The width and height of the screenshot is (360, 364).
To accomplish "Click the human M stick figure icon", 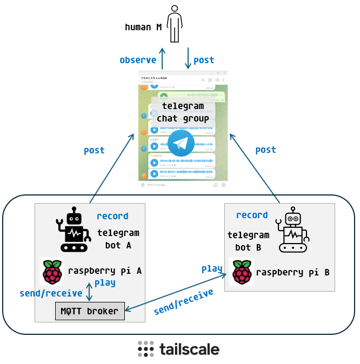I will [x=174, y=24].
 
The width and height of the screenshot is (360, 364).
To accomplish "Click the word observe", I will [x=138, y=60].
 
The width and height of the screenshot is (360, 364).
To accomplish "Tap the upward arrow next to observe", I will [x=162, y=58].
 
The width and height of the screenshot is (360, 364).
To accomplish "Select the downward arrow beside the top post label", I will [x=188, y=58].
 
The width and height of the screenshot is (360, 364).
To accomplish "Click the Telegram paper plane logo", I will [x=181, y=143].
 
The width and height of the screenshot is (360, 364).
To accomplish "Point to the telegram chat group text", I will [x=183, y=112].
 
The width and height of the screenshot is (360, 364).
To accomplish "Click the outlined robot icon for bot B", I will [x=292, y=230].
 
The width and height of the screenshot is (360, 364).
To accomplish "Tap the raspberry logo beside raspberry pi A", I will [x=52, y=272].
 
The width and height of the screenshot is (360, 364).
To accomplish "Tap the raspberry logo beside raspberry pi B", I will [x=241, y=272].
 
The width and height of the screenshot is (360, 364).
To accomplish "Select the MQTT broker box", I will [x=90, y=311].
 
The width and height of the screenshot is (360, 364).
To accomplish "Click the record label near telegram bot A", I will [x=112, y=216].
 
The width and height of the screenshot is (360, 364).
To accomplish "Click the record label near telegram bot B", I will [x=252, y=215].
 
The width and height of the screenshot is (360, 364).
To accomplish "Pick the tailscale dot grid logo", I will [x=145, y=349].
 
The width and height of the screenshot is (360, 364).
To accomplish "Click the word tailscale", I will [x=189, y=349].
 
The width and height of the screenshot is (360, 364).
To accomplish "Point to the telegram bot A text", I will [x=118, y=239].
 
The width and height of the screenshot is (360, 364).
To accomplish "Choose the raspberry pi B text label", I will [x=292, y=272].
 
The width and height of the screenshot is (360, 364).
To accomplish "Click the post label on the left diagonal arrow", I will [x=94, y=151].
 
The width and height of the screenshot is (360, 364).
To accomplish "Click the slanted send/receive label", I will [x=183, y=302].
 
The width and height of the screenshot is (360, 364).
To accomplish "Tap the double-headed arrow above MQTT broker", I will [x=90, y=292].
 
